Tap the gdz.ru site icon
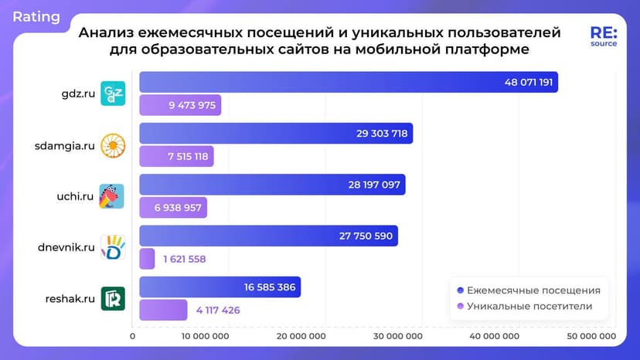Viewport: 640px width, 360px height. [113, 93]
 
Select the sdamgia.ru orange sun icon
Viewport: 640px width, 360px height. [113, 144]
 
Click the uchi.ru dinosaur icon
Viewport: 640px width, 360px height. [113, 195]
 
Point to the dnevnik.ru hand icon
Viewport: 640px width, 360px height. [113, 246]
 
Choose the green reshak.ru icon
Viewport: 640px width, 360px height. [113, 297]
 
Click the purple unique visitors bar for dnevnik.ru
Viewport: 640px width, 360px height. [147, 259]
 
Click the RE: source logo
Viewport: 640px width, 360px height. [604, 36]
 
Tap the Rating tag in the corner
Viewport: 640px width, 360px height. [36, 16]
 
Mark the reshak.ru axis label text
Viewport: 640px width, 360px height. [68, 298]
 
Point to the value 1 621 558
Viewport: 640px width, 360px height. [185, 259]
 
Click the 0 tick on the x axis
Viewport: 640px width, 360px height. [133, 336]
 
